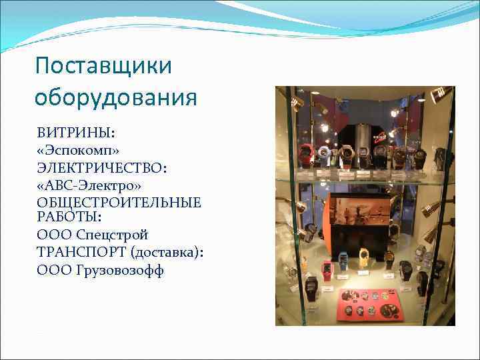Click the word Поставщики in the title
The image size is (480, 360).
(103, 66)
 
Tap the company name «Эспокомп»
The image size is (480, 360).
(78, 149)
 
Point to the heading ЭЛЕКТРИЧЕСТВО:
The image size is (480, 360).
(102, 166)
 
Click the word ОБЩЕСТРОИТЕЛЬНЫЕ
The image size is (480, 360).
(119, 202)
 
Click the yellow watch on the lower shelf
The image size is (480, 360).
(364, 257)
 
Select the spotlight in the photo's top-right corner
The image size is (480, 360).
(441, 95)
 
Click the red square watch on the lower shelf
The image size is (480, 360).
(327, 268)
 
